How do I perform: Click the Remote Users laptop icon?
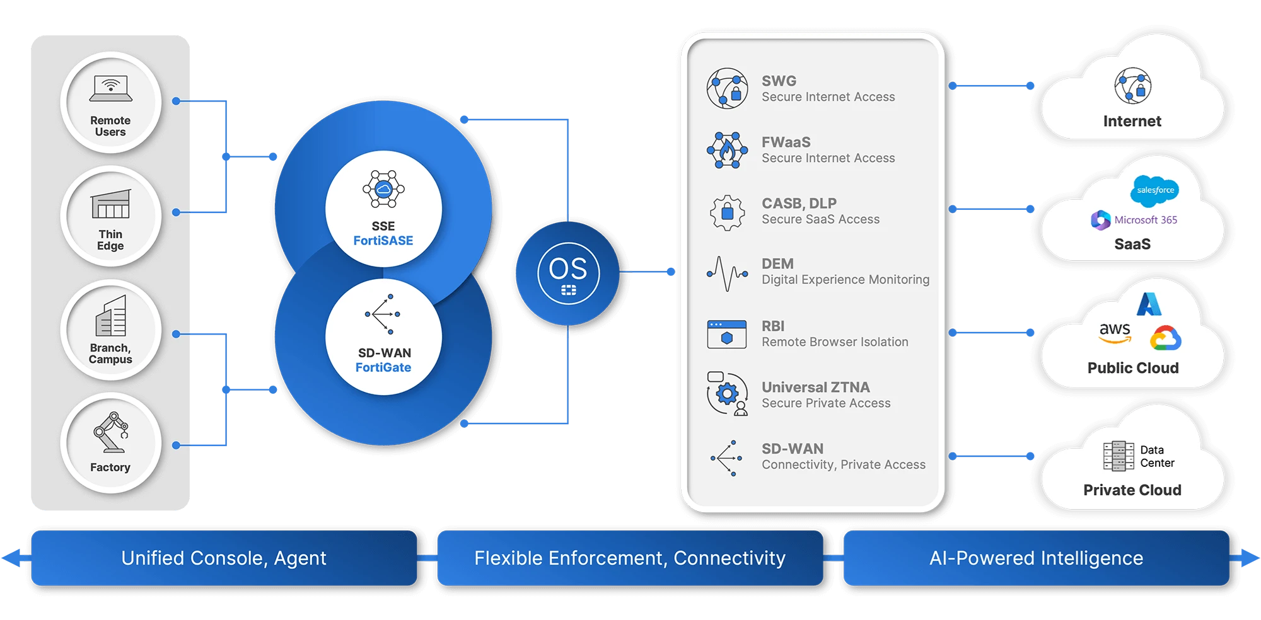[111, 88]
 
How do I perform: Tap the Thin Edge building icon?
[111, 204]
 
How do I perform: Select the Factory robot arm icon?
[112, 432]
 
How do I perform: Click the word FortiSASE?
[383, 241]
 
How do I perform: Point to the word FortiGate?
[383, 367]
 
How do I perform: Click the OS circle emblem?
[568, 273]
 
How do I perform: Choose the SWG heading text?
[779, 81]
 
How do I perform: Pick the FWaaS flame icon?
[727, 150]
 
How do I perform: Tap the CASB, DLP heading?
[799, 204]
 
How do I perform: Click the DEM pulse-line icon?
[727, 273]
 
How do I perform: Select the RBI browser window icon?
[727, 334]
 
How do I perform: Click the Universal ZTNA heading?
[815, 387]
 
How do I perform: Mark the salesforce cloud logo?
[1155, 190]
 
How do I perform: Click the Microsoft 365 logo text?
[1145, 220]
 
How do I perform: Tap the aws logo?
[1115, 331]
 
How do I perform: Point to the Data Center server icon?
[1119, 456]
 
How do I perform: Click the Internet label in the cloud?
[1132, 121]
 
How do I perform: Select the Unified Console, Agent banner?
[224, 558]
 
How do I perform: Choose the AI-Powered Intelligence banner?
[1036, 558]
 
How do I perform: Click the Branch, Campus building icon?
[111, 317]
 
